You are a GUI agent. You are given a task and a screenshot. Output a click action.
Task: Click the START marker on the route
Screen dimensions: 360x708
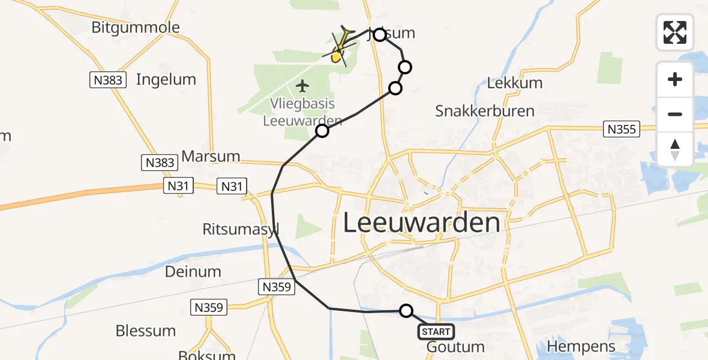pos(436,331)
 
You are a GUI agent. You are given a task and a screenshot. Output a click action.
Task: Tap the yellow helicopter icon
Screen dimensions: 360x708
pos(340,48)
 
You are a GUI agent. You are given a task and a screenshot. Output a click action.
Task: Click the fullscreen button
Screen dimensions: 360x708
pos(675,32)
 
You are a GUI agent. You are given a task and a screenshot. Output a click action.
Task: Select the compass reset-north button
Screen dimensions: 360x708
pos(675,149)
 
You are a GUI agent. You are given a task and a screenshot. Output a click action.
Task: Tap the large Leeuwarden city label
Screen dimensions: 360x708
pos(422,223)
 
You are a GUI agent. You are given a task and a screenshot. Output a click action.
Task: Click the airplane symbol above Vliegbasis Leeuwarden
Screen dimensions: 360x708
pos(302,86)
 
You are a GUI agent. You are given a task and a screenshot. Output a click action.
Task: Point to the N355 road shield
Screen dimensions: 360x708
pos(623,129)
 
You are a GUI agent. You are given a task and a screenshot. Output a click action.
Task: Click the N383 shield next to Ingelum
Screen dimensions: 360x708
pos(108,80)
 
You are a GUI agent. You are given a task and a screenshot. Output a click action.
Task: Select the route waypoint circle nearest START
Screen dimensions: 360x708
pos(406,311)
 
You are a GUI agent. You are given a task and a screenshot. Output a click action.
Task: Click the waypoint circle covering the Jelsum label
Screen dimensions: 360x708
pos(379,35)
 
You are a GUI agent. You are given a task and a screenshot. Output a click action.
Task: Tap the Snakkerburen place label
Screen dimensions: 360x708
pos(485,111)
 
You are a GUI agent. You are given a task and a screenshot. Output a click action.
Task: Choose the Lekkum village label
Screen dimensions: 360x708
pos(514,83)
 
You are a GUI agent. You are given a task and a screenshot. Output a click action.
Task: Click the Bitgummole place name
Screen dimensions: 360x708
pos(136,28)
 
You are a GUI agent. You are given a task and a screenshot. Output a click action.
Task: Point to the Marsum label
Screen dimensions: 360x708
pos(211,157)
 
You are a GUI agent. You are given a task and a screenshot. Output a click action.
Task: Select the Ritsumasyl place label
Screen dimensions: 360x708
pos(241,229)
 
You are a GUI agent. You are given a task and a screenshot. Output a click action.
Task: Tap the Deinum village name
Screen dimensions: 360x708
pos(193,271)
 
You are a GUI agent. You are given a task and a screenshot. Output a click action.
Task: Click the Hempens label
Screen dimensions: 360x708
pos(581,346)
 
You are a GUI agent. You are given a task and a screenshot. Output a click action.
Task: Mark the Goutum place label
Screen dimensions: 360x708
pos(455,347)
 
